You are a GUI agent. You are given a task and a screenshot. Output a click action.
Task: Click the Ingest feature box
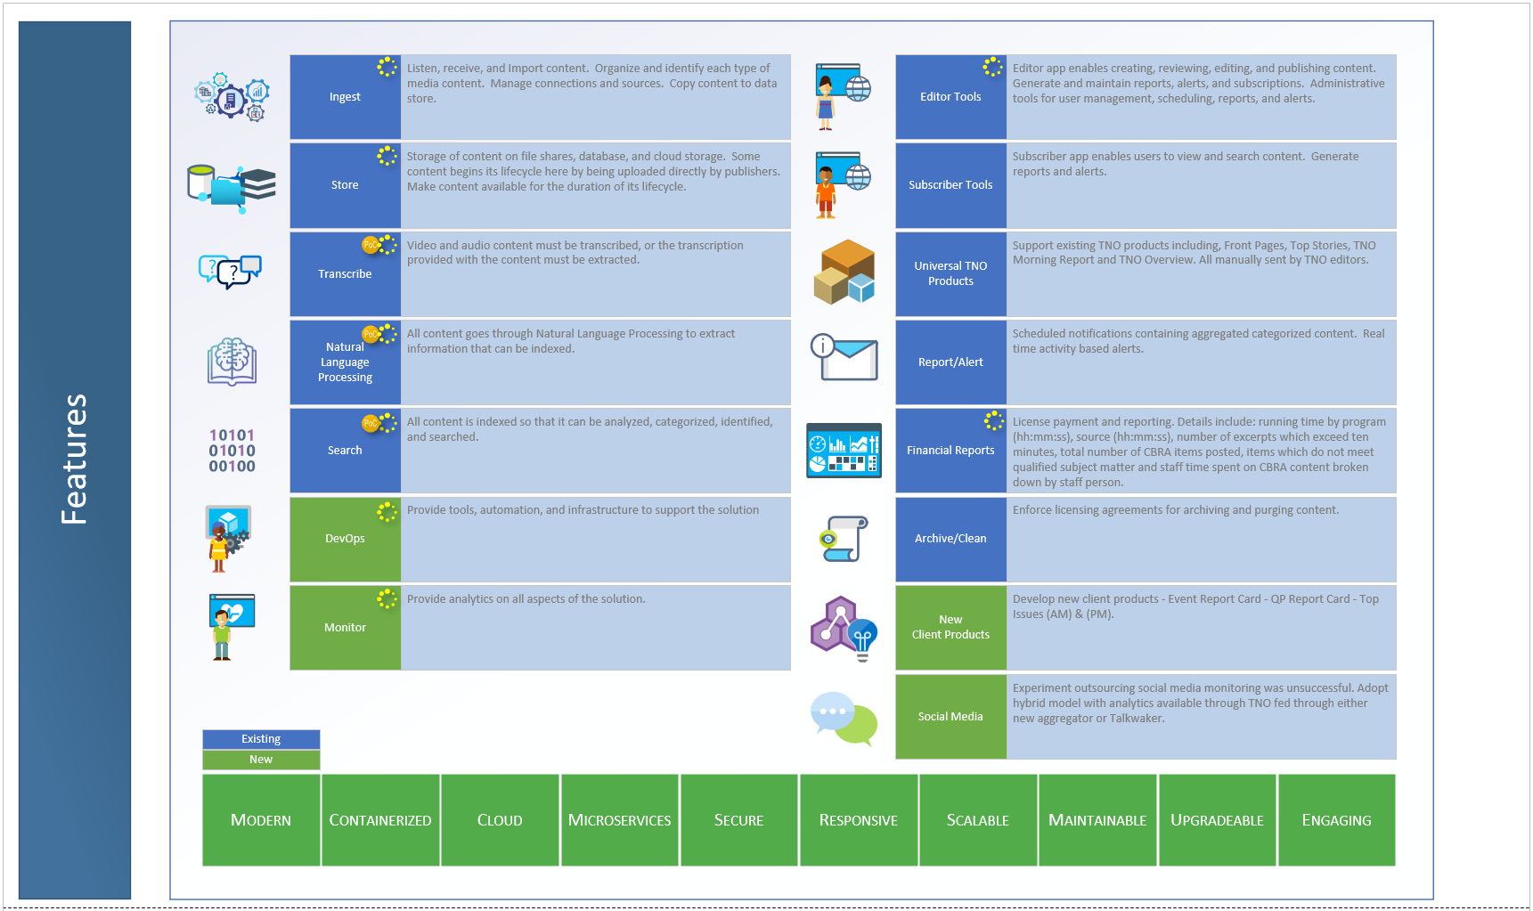click(x=345, y=97)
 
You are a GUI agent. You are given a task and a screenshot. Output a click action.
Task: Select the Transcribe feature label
click(x=345, y=274)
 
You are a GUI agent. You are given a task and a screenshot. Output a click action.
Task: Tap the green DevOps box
click(x=345, y=539)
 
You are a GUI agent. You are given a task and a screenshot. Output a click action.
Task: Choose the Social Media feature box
click(x=950, y=717)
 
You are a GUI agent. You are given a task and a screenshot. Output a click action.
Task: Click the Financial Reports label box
click(x=950, y=451)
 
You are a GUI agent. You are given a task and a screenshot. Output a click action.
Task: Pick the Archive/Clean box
click(x=950, y=539)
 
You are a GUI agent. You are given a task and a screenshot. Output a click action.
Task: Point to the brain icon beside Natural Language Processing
click(x=232, y=361)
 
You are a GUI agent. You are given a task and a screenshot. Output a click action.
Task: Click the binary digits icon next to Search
click(x=232, y=451)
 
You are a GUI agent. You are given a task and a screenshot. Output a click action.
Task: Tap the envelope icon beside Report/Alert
click(x=844, y=359)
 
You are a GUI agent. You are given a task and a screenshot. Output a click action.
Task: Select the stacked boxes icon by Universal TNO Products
click(x=844, y=272)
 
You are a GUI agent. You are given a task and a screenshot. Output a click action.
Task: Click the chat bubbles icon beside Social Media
click(x=844, y=718)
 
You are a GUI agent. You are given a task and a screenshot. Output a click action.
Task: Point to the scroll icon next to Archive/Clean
click(x=844, y=539)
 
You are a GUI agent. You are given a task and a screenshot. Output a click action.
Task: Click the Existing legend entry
click(x=261, y=739)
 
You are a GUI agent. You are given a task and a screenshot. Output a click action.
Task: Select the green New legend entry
click(x=261, y=760)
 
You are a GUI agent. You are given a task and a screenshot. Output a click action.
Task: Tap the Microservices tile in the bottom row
click(x=619, y=820)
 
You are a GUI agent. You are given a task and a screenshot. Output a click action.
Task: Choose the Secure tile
click(x=738, y=820)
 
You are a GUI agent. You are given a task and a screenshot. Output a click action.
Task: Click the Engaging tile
click(x=1336, y=820)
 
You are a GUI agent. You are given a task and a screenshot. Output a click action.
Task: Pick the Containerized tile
click(x=380, y=820)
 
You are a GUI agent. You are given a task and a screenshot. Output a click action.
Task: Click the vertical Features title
click(x=74, y=460)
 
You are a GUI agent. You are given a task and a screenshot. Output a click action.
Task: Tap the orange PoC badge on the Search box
click(x=370, y=423)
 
